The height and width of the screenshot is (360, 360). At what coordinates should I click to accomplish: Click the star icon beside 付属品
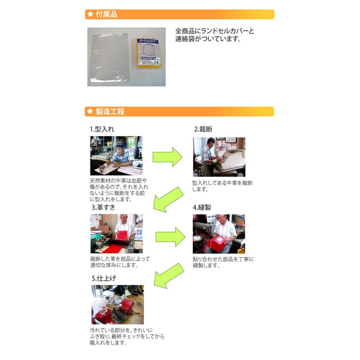(90, 14)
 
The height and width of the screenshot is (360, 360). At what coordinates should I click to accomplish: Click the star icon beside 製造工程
(90, 112)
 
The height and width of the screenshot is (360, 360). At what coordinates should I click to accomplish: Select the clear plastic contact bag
(109, 57)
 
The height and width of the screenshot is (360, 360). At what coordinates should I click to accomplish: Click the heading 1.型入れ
(102, 129)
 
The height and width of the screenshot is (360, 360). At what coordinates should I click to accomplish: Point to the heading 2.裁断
(203, 129)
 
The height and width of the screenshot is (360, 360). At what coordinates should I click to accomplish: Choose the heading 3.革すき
(103, 207)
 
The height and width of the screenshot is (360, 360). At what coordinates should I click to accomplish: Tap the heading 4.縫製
(202, 208)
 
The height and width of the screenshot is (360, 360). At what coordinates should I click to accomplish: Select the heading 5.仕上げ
(104, 279)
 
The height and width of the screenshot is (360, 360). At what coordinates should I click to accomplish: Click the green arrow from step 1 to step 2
(167, 157)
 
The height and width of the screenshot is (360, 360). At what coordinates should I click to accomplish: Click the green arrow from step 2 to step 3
(168, 200)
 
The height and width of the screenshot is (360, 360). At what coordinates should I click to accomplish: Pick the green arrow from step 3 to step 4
(170, 237)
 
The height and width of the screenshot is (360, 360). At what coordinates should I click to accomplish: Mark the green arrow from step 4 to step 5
(169, 276)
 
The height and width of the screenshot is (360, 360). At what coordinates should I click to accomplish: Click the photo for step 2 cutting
(219, 157)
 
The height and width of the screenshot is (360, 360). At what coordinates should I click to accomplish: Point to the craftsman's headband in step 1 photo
(120, 146)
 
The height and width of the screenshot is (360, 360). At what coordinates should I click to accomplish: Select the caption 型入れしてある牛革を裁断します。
(222, 186)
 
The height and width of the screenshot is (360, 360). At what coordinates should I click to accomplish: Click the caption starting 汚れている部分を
(127, 336)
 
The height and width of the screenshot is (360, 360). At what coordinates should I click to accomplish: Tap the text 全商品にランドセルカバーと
(214, 31)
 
